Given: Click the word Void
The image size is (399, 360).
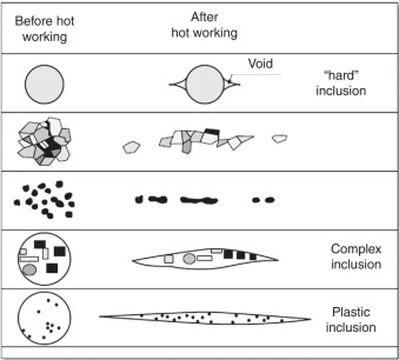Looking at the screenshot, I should pos(261,64).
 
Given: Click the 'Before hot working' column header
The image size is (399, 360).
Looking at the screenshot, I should pos(44,29).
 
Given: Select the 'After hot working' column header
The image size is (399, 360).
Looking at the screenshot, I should pos(204,25).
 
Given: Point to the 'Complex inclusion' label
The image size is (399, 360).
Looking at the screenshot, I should pos(356,256).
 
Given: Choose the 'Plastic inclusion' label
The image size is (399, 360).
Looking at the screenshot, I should pos(351,319).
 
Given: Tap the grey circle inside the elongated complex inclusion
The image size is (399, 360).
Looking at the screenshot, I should pos(189,258).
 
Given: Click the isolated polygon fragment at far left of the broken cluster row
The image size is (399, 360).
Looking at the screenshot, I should pos(131,147).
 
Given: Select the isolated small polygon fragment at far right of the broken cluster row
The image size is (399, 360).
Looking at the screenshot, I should pos(279,138).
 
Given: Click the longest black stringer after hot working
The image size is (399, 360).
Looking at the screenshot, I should pos(199,200).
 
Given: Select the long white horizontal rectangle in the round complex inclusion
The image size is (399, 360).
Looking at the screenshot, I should pos(29,259).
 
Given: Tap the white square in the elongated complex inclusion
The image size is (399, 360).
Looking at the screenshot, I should pos(168,259).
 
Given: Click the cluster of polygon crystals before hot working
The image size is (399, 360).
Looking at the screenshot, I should pos(44,141).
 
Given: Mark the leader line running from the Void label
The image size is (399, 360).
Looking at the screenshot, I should pos(257,75).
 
